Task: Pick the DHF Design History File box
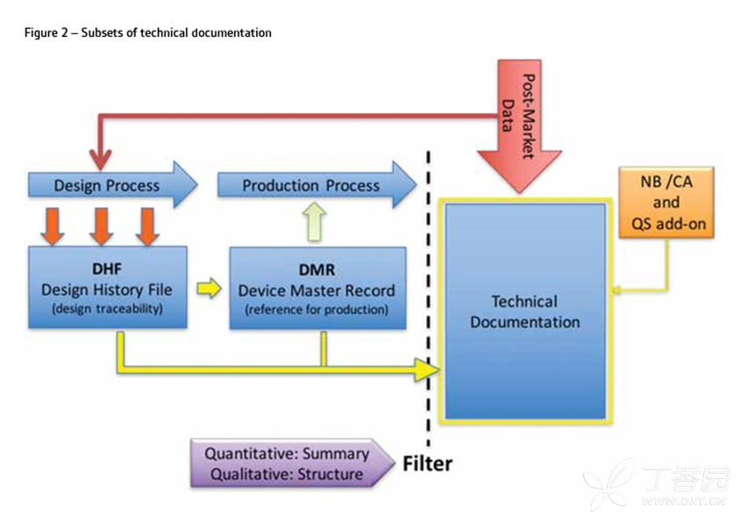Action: pos(108,287)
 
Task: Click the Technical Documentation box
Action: pos(524,311)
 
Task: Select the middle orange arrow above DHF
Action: pos(103,225)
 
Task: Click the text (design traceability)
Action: pos(107,310)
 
